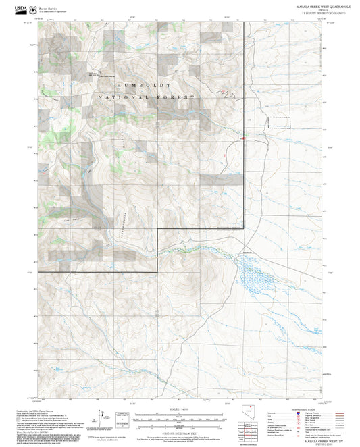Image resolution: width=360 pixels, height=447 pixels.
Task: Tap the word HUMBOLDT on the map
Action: [143, 86]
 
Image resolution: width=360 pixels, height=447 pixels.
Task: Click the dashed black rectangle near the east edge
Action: [279, 122]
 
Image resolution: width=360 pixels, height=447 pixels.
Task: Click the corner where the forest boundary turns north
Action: [157, 229]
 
